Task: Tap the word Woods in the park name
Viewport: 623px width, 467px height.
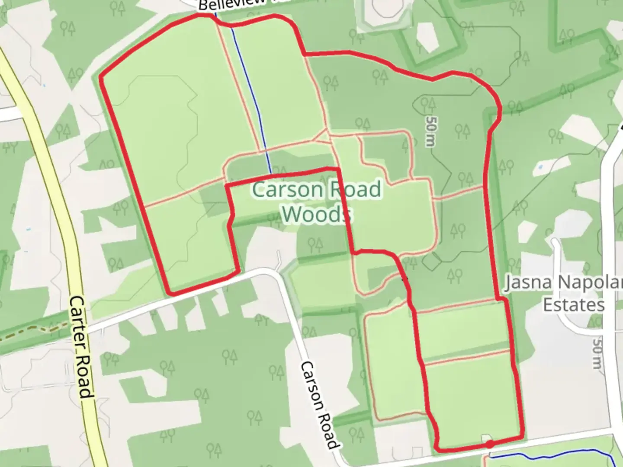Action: [316, 214]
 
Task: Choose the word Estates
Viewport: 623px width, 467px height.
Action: [574, 305]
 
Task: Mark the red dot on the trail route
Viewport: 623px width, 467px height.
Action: [489, 444]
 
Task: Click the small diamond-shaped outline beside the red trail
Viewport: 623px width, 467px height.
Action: [431, 261]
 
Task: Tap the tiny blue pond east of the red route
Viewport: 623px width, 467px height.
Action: [540, 166]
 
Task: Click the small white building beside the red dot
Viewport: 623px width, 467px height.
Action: [486, 438]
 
